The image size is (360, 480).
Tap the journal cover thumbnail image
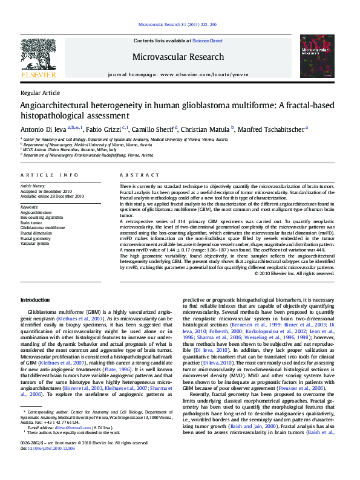coord(317,56)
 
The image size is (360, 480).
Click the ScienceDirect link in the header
coord(208,41)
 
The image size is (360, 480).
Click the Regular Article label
coord(40,92)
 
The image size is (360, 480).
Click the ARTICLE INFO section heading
coord(50,175)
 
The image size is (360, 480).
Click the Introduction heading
coord(36,300)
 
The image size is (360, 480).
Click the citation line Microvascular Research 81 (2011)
coord(180,25)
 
